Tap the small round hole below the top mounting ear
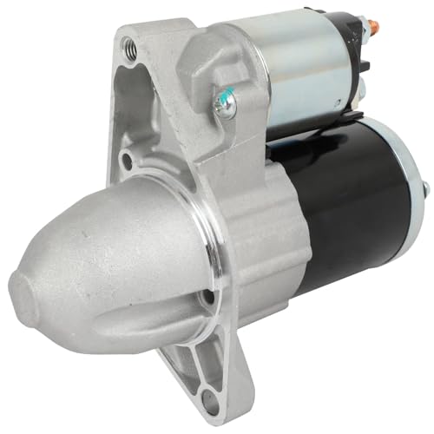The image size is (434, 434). pos(128,160)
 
